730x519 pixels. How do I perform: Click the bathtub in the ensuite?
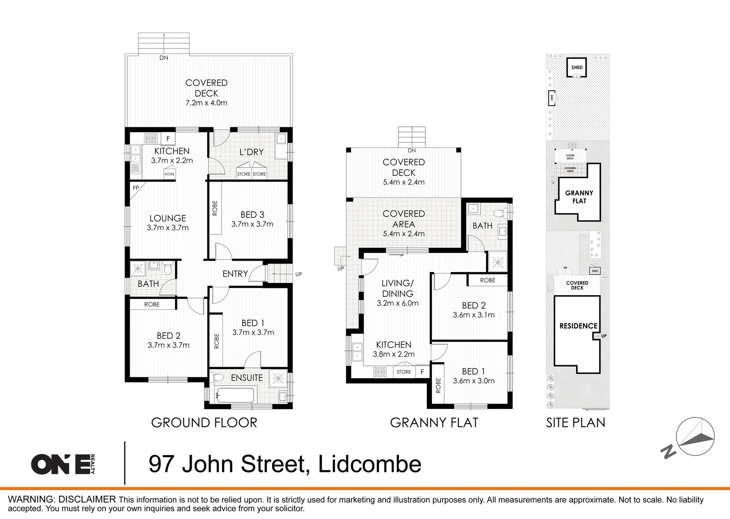pyautogui.click(x=235, y=395)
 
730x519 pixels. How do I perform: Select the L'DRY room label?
pyautogui.click(x=251, y=152)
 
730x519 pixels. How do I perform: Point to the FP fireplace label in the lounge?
pyautogui.click(x=136, y=188)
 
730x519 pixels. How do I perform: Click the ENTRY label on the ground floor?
pyautogui.click(x=235, y=274)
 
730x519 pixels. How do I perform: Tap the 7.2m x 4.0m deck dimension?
pyautogui.click(x=206, y=103)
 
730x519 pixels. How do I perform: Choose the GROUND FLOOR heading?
pyautogui.click(x=204, y=423)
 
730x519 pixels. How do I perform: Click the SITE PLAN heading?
pyautogui.click(x=575, y=423)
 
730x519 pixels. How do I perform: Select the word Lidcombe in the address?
pyautogui.click(x=370, y=464)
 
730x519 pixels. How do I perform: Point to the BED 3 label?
pyautogui.click(x=252, y=215)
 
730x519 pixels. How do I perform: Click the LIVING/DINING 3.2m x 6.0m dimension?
pyautogui.click(x=397, y=303)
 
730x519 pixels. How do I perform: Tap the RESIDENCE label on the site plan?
pyautogui.click(x=578, y=326)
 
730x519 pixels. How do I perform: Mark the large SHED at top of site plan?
pyautogui.click(x=577, y=67)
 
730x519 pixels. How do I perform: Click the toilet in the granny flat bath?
pyautogui.click(x=498, y=212)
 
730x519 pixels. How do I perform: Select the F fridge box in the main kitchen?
pyautogui.click(x=168, y=139)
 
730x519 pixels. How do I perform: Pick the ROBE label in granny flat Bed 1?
pyautogui.click(x=438, y=385)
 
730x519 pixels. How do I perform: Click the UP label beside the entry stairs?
pyautogui.click(x=298, y=274)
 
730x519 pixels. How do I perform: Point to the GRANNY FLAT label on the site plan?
pyautogui.click(x=579, y=197)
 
